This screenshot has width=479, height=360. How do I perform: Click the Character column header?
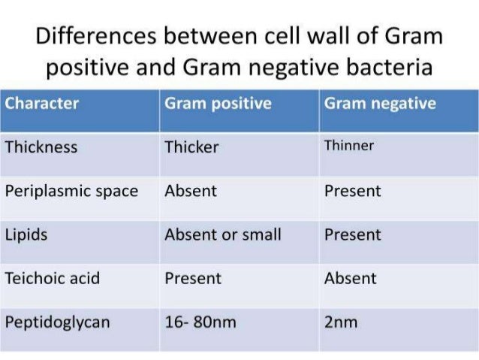coord(42,104)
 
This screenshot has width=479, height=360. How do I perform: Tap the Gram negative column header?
coord(379,104)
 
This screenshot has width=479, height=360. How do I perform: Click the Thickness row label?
coord(41,147)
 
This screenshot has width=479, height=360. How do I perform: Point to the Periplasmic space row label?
coord(71,191)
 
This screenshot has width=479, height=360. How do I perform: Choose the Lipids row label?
coord(26,234)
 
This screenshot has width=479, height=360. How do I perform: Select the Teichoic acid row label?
coord(52,278)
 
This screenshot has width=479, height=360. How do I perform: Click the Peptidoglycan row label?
coord(57,322)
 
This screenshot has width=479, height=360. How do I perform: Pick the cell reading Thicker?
coord(191,147)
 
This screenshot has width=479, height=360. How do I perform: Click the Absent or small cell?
coord(223,234)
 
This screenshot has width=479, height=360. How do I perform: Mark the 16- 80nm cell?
coord(200,322)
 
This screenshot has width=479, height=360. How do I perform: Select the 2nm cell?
coord(341,322)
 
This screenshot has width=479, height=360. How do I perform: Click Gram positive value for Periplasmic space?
coord(191,191)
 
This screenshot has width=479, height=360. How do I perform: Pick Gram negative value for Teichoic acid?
coord(350,278)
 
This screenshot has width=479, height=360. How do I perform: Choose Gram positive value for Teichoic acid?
coord(193,278)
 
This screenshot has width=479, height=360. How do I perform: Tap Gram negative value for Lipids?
coord(352,234)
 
